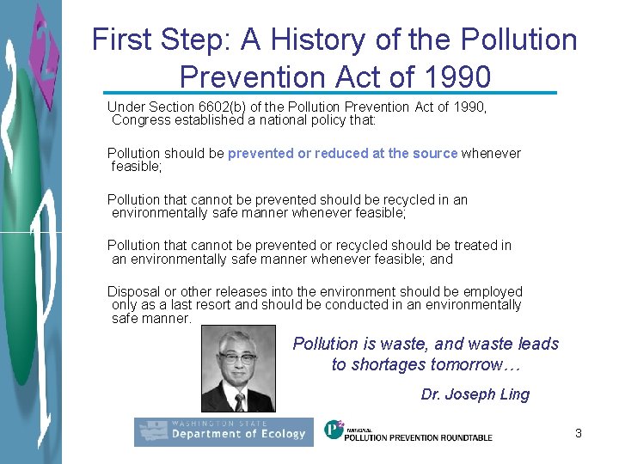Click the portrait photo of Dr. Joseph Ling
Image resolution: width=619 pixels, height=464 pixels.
[238, 369]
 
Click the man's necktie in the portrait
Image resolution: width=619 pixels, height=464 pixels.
[240, 401]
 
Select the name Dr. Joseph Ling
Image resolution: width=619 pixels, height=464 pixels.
[475, 394]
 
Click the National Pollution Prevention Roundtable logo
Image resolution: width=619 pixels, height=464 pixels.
[408, 431]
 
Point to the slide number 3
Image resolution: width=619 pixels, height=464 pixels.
[579, 433]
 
